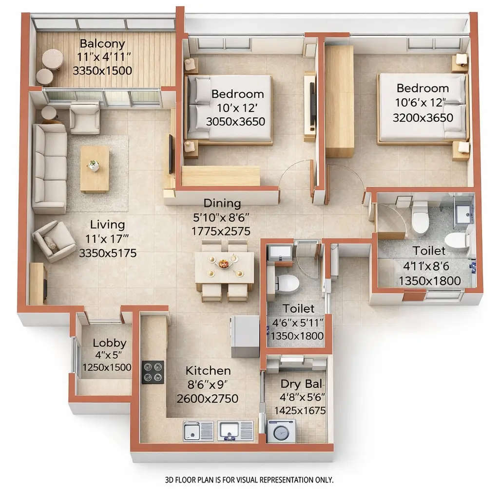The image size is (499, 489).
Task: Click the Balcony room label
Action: click(x=102, y=43)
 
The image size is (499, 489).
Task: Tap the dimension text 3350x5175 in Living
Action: click(x=108, y=253)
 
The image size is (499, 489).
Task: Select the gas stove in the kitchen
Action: click(x=153, y=372)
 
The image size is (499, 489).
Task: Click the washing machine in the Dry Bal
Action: click(x=282, y=431)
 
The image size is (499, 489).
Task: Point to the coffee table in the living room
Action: click(x=94, y=168)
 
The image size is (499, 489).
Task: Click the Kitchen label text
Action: click(x=208, y=370)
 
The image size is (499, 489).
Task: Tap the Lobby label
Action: click(x=110, y=343)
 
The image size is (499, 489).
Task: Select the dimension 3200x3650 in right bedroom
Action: click(x=422, y=117)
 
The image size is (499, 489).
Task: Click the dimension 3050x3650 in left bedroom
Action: click(x=236, y=122)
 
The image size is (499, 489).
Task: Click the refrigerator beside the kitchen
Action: click(x=245, y=336)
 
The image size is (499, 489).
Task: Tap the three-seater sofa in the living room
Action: click(x=49, y=168)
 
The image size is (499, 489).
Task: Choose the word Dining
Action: click(x=222, y=203)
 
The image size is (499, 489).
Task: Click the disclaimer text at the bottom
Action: click(x=249, y=479)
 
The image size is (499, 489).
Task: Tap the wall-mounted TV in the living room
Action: click(x=171, y=154)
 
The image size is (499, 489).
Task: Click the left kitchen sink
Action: click(x=198, y=431)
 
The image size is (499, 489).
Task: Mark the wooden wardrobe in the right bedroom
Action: click(x=339, y=101)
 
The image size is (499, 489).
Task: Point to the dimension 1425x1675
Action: click(x=300, y=410)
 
